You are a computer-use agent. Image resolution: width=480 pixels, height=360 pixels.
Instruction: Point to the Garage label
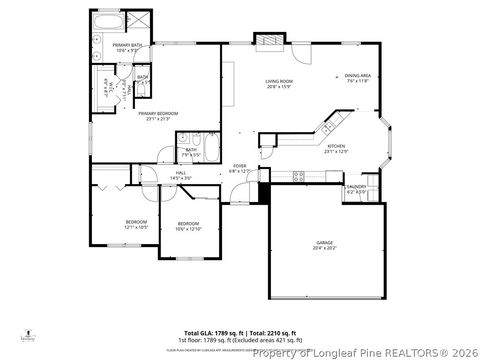325,243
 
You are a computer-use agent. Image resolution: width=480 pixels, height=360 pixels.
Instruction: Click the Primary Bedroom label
158,116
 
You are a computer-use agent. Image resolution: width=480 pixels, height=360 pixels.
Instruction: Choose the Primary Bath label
126,48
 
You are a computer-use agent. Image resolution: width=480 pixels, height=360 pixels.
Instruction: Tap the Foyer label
240,168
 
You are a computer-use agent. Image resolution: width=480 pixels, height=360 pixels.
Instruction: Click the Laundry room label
355,188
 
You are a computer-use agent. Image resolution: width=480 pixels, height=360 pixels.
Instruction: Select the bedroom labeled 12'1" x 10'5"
136,224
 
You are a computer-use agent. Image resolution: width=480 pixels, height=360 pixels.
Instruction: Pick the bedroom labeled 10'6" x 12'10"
189,226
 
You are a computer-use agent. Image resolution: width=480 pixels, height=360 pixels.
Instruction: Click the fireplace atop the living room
268,40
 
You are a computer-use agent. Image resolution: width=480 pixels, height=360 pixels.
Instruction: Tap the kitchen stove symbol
298,176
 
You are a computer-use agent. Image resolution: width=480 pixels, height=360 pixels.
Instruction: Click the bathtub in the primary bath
107,20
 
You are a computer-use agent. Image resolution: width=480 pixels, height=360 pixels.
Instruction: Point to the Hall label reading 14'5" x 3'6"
182,176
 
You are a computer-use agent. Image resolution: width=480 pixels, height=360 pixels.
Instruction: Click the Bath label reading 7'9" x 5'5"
190,153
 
